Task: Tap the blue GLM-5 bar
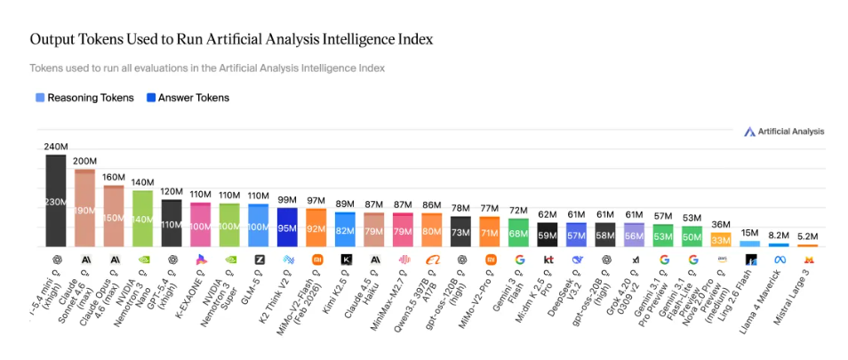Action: coord(259,226)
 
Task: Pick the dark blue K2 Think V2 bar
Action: coord(287,228)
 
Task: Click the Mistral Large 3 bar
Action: coord(807,245)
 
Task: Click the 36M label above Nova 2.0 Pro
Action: coord(721,224)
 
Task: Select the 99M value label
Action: coord(287,200)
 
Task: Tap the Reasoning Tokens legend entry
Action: coord(84,98)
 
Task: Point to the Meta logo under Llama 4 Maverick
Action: coord(779,260)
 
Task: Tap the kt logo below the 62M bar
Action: coord(548,260)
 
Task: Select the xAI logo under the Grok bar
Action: coord(635,260)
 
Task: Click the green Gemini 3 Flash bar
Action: coord(518,233)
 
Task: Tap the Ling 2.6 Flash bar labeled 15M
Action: coord(750,244)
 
